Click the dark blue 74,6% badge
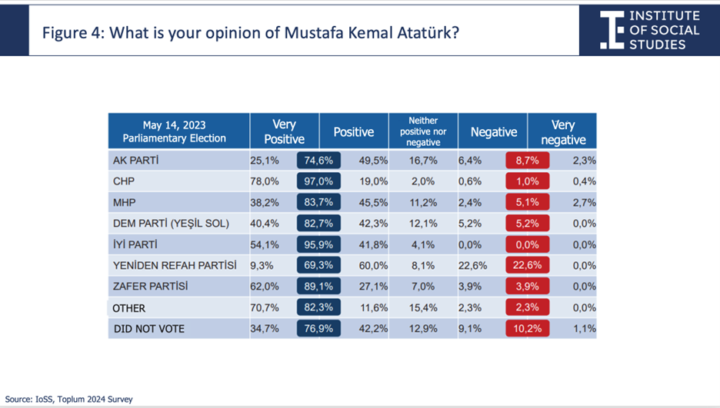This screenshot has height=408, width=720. coord(318,161)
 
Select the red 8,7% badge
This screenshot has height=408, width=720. coord(527,161)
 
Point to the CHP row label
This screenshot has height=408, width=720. coord(124,181)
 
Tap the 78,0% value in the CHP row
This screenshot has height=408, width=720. coord(265,181)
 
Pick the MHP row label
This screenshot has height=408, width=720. coord(125,203)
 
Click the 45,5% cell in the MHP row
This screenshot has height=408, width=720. coord(373,203)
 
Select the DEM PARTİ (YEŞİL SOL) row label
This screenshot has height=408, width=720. coord(172,224)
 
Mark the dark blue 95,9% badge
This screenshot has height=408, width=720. coord(318,245)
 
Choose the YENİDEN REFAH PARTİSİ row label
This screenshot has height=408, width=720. coord(175,265)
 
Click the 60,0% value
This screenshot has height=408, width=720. coord(373,266)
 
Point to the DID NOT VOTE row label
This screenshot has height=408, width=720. coord(149,329)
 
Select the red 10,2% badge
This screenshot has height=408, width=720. coord(527,329)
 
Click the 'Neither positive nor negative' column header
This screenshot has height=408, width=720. coord(423,131)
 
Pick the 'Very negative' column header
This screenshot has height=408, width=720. coord(563,132)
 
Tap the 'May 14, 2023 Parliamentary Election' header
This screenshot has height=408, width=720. coord(174,131)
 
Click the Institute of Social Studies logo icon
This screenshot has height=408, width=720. coord(612,30)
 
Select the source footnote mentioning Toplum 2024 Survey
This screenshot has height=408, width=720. coord(69,400)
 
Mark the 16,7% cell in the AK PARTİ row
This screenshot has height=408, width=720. coord(423,161)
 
